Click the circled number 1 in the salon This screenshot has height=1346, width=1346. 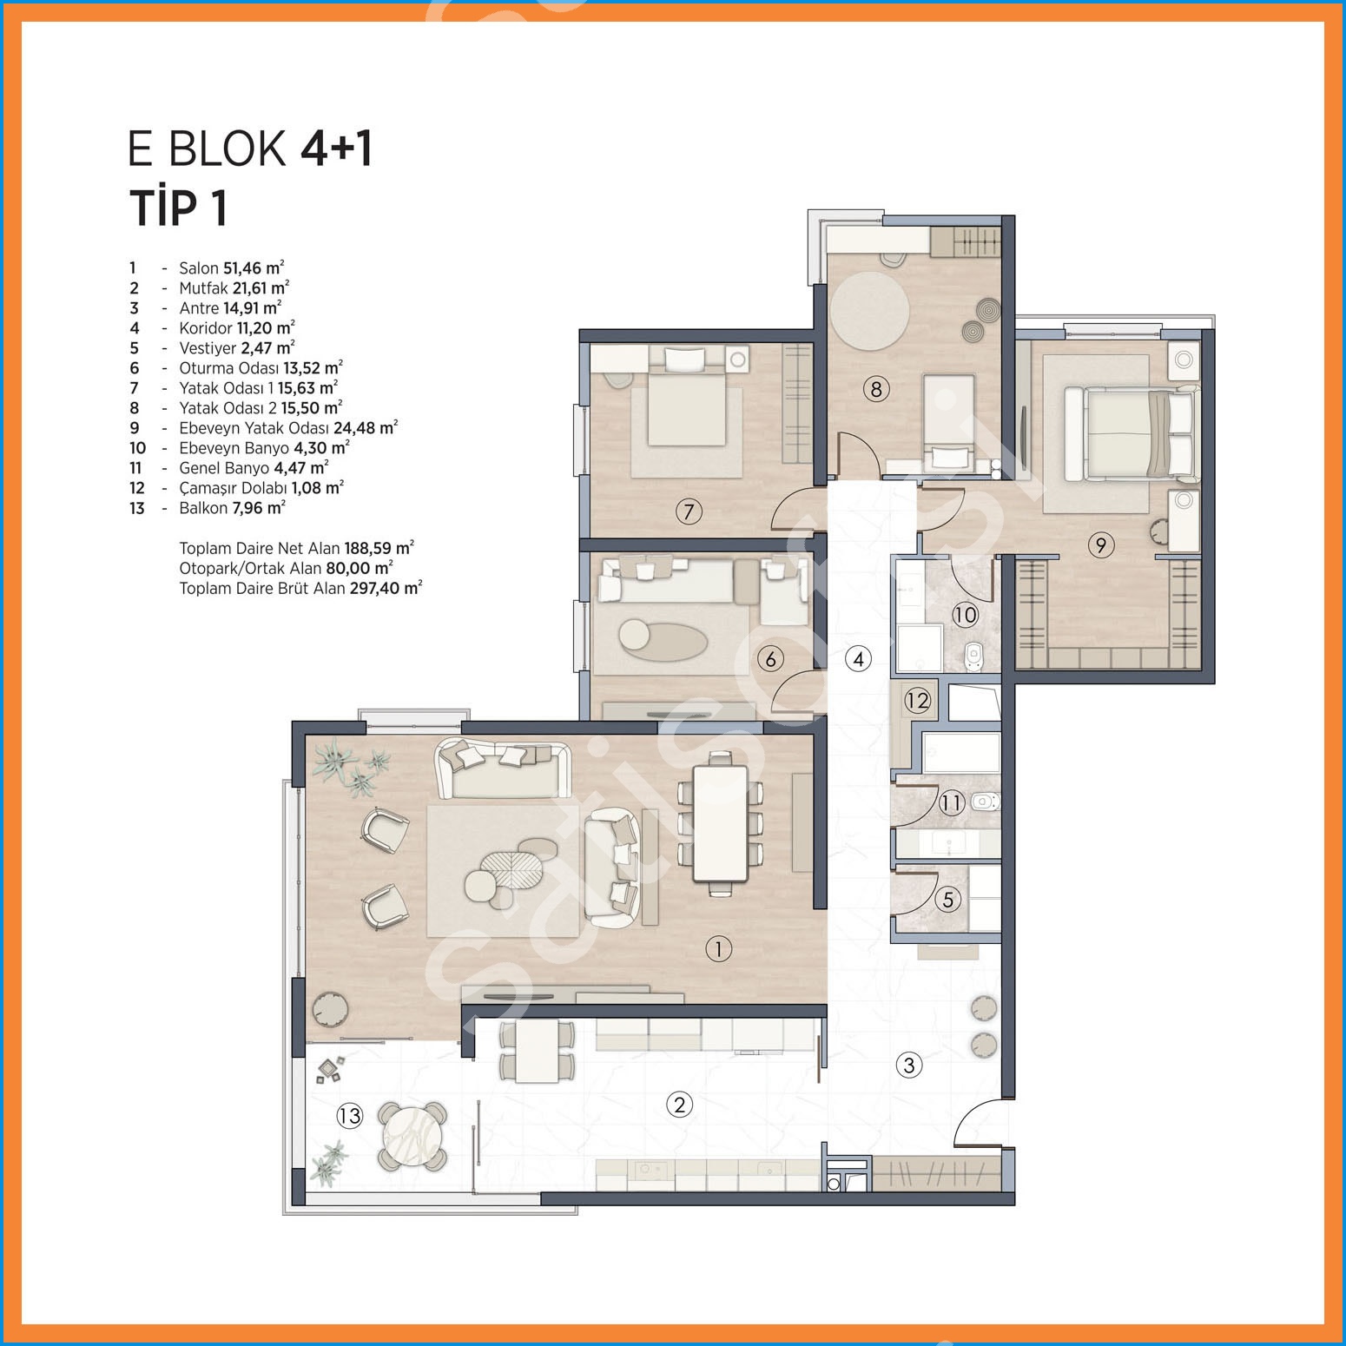coord(718,949)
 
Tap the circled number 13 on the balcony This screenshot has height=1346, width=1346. coord(349,1115)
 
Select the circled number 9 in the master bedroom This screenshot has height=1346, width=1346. coord(1100,545)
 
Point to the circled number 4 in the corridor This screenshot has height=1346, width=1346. coord(858,659)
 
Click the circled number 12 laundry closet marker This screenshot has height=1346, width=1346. coord(918,700)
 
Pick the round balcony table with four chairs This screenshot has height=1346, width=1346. coord(412,1136)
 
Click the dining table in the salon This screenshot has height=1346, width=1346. coord(720,822)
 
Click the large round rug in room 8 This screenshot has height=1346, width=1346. coord(869,311)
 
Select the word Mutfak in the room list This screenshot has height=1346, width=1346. coord(203,288)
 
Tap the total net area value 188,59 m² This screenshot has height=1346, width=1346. coord(379,548)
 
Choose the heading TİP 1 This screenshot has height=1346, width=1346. coord(178,208)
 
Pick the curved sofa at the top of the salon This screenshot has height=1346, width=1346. coord(504,768)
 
